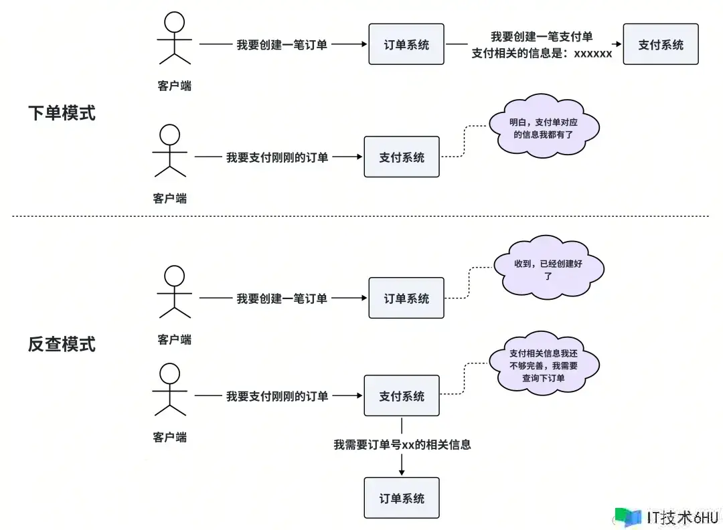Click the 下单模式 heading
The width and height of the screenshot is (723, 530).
[x=62, y=113]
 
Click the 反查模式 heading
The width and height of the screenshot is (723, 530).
[x=62, y=344]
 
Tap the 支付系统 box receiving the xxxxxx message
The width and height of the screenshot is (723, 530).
[x=660, y=44]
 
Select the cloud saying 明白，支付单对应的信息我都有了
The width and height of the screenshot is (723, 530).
[x=544, y=128]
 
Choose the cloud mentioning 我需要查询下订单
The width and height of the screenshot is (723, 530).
[x=543, y=367]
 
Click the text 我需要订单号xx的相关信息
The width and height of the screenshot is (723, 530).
[x=402, y=444]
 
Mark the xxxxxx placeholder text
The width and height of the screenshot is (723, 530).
[x=592, y=54]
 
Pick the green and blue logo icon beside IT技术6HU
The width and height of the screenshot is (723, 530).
[x=627, y=517]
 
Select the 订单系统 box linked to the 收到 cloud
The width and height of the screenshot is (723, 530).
[x=406, y=298]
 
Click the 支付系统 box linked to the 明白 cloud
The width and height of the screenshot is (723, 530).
[x=401, y=157]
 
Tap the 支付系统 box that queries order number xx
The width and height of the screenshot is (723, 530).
[x=401, y=395]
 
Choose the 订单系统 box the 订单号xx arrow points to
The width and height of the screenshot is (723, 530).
[x=401, y=498]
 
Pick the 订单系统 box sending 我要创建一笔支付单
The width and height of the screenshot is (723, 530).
[x=406, y=44]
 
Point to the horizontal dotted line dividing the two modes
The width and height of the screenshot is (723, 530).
[x=361, y=216]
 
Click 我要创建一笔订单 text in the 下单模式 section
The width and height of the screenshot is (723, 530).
[x=282, y=45]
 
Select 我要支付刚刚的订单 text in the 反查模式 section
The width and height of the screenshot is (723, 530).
[x=277, y=396]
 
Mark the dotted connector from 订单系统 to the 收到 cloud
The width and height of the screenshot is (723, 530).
[x=469, y=284]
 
